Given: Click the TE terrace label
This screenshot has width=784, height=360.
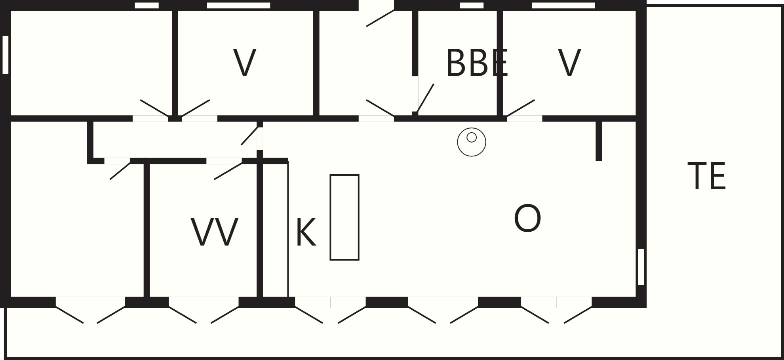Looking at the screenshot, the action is coord(707,176).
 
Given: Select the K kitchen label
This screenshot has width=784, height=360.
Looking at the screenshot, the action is coord(306,232).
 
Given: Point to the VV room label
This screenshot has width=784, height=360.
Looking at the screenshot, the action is coord(215,232).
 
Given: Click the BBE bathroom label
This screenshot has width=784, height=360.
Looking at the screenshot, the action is coord(477,63).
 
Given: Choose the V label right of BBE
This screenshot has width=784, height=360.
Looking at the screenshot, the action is coord(569,63).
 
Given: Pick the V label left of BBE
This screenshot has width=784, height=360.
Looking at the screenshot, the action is coord(245,63).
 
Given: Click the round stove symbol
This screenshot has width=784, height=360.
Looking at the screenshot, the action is coord(472,142).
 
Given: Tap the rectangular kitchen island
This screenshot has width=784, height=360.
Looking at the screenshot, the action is coord(344,217).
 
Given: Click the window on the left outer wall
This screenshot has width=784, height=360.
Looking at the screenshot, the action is coord(6,55).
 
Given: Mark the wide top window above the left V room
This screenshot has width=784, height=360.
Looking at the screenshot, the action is coord(238,6).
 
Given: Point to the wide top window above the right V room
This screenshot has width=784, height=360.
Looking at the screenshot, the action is coord(563,6).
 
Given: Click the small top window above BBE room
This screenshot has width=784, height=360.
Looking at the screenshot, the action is coord(472,6).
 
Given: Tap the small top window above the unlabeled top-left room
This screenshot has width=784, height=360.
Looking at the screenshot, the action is coord(147,6).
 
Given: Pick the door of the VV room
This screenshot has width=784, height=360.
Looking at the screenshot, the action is coord(228,171).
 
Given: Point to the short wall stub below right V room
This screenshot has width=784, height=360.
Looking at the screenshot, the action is coord(599,141).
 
